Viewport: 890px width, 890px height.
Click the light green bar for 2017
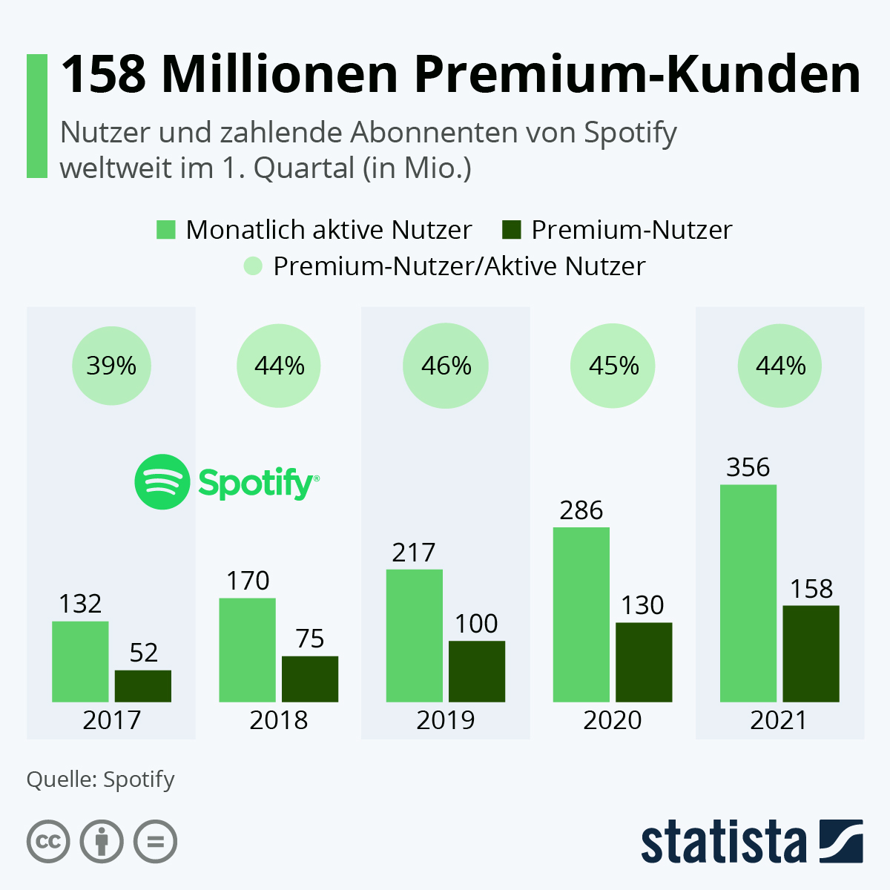point(80,661)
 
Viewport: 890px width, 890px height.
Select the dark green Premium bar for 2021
point(811,653)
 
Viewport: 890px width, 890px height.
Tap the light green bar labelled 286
point(581,614)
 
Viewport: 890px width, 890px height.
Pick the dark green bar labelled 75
point(310,679)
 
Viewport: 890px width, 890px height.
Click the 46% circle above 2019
point(446,366)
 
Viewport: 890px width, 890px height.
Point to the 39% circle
point(111,366)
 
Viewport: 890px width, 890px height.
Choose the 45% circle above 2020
point(613,366)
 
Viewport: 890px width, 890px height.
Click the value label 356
point(748,467)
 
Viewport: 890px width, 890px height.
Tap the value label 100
point(476,624)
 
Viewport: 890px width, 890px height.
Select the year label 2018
point(278,720)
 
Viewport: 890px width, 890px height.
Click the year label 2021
point(778,720)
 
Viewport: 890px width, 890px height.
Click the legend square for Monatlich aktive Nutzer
point(166,230)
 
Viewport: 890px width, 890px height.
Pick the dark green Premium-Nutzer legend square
point(512,230)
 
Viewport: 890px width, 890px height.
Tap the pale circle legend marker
point(254,266)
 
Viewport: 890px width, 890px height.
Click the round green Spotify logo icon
point(162,482)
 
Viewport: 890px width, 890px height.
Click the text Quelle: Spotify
point(100,779)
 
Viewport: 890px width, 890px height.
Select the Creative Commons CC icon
point(48,842)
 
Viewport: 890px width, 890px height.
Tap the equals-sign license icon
point(155,842)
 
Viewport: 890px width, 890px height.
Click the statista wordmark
point(723,843)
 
